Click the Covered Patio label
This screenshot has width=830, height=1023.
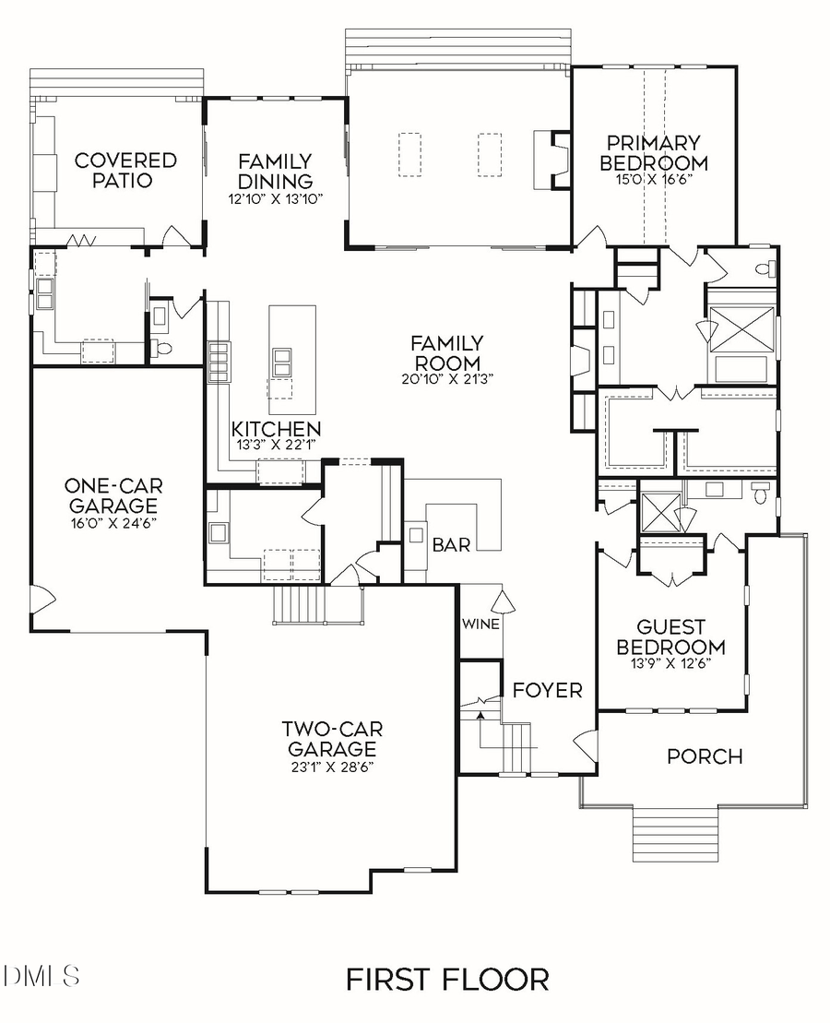[x=125, y=170]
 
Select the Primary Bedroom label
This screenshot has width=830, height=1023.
[x=654, y=153]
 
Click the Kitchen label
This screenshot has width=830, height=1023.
[x=276, y=429]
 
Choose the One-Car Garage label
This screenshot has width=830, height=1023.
[x=111, y=495]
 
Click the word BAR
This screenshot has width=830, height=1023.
[x=452, y=545]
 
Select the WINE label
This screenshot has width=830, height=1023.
[x=480, y=625]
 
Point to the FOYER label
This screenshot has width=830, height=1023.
[x=547, y=690]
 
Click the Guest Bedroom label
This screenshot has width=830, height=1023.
[x=670, y=637]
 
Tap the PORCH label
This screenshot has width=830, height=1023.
[x=705, y=756]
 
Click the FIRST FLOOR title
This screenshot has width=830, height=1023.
[x=447, y=979]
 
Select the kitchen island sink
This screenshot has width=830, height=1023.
[x=281, y=360]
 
